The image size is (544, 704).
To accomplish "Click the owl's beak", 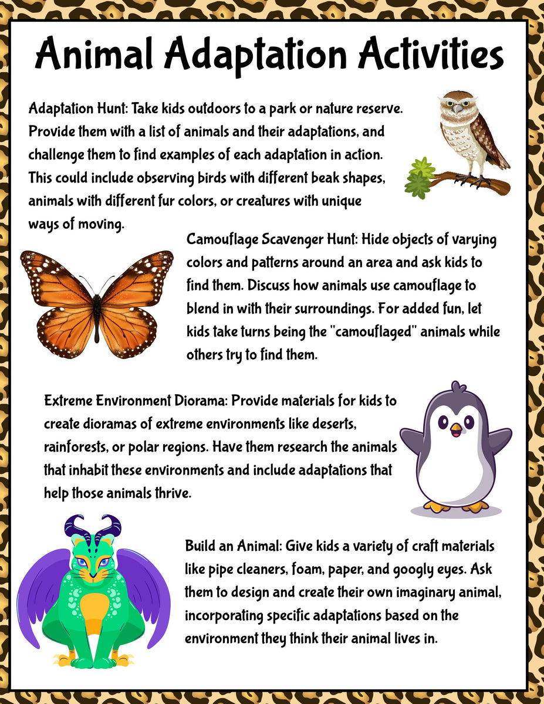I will pos(458,110).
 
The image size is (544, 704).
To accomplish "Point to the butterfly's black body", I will pos(97,308).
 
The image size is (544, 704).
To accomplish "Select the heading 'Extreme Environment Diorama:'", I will pos(136,401).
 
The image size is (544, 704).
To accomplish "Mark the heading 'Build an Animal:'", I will pos(234,546).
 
